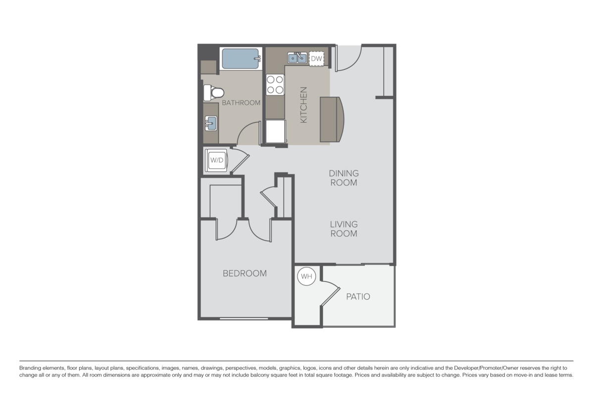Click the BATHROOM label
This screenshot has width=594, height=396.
pyautogui.click(x=241, y=103)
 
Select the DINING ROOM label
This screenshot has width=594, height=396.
pyautogui.click(x=344, y=178)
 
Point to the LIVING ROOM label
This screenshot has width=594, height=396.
pyautogui.click(x=344, y=229)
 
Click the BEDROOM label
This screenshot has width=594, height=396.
pyautogui.click(x=245, y=273)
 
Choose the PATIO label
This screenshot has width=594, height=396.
pyautogui.click(x=358, y=297)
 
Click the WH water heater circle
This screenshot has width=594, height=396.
pyautogui.click(x=306, y=277)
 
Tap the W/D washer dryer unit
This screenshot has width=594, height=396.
pyautogui.click(x=216, y=160)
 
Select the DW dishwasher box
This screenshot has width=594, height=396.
pyautogui.click(x=317, y=59)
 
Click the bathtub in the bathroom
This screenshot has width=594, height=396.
pyautogui.click(x=241, y=59)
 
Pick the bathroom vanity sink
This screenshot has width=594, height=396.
pyautogui.click(x=211, y=122)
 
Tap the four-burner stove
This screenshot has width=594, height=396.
pyautogui.click(x=275, y=84)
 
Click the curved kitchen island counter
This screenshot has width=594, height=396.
pyautogui.click(x=333, y=119)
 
